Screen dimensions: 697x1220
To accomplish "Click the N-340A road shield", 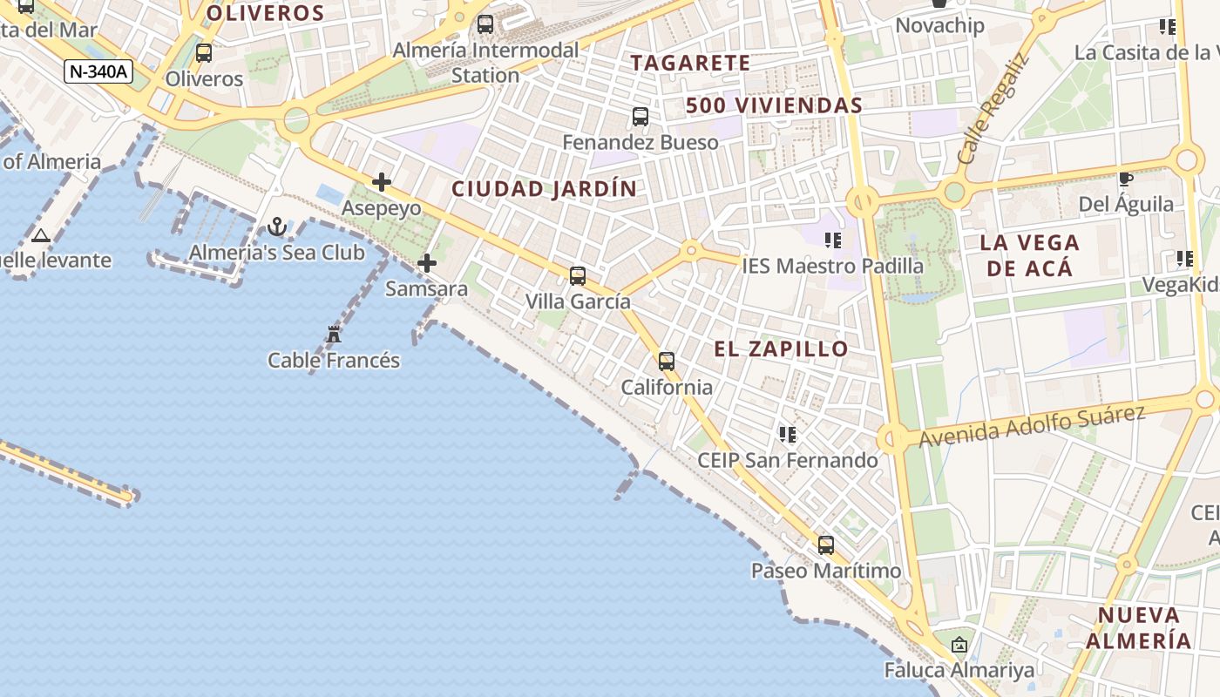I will pos(98,71).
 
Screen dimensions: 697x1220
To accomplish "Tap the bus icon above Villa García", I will pos(578,276).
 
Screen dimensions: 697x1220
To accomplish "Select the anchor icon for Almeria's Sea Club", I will pos(277,227).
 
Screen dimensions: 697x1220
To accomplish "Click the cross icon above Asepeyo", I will pos(382,182).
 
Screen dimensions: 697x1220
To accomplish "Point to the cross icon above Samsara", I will pos(427,262).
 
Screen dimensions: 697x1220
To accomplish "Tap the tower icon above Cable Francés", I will pos(334,334).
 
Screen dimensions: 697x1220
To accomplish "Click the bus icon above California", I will pos(667,361).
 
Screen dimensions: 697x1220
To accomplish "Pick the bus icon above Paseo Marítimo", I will pos(826,545).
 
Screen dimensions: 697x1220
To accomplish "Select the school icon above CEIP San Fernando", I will pos(788,434).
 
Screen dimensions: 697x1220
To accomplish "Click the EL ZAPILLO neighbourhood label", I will pos(781,349).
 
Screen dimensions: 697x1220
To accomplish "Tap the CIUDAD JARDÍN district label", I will pos(544,189).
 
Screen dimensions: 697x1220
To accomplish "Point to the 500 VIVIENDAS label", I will pos(774,106).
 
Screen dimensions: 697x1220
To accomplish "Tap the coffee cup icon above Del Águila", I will pos(1125,179).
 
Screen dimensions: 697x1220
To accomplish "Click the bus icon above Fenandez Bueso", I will pos(640,116).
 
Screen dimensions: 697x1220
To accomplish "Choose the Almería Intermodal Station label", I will pos(485,63).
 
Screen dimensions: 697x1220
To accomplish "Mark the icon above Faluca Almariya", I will pos(959,645).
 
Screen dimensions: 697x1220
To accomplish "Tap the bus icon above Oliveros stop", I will pos(204,53).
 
